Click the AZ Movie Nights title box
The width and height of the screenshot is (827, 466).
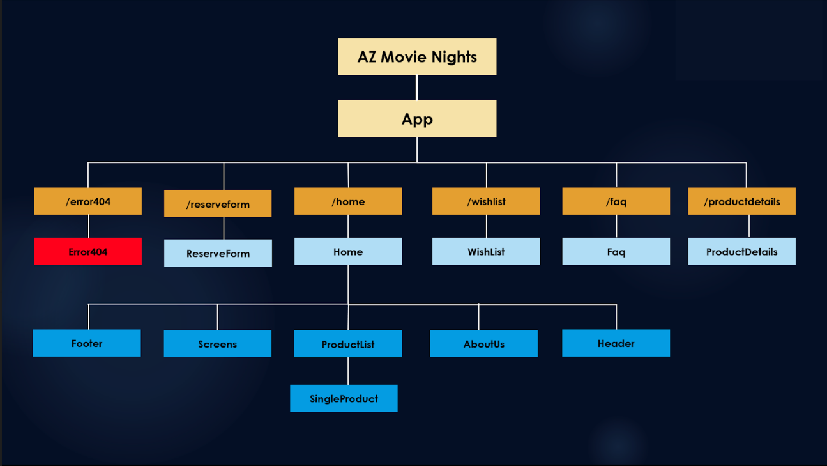(x=417, y=57)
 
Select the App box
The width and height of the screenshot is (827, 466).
(x=417, y=119)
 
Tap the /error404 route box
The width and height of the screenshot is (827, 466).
(x=88, y=201)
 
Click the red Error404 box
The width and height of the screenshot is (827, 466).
(x=88, y=252)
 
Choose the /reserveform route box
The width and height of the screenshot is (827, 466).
(x=218, y=204)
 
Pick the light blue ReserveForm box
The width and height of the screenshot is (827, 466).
(x=218, y=253)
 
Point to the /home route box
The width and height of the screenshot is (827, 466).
(x=348, y=201)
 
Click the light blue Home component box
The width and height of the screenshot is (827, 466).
(x=348, y=252)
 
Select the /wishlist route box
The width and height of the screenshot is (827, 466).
(x=486, y=201)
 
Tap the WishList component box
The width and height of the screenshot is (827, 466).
(x=486, y=252)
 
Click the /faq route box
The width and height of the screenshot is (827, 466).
(x=616, y=201)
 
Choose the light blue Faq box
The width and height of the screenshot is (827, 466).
(x=616, y=252)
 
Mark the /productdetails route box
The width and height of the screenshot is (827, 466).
(x=741, y=201)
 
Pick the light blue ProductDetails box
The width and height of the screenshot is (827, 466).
(x=741, y=252)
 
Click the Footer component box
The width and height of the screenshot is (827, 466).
(x=87, y=343)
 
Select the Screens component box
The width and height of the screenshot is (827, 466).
(x=218, y=344)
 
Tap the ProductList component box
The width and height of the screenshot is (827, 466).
(x=348, y=344)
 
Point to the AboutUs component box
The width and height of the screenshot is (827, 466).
(x=483, y=344)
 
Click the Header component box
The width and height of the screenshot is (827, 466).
(x=616, y=343)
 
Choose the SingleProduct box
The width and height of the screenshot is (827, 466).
(x=344, y=398)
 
